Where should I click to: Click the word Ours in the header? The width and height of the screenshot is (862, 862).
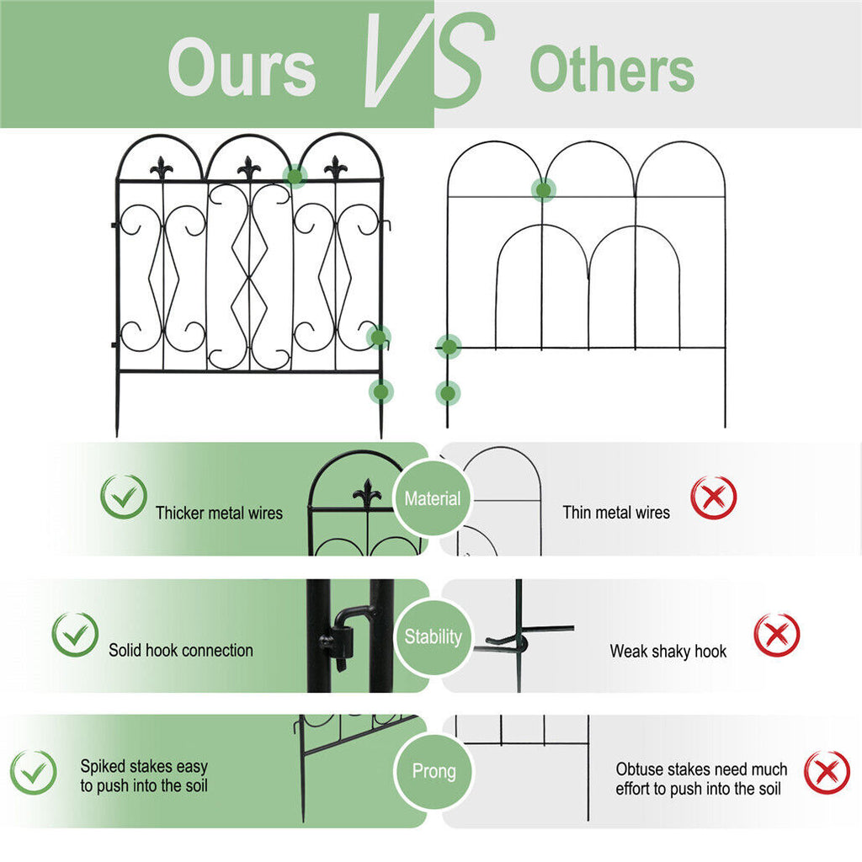pos(242,67)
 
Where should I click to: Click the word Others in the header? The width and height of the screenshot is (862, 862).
pos(612,70)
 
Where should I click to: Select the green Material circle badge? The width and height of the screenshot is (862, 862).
pos(432,498)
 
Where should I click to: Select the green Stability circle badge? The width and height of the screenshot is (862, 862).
pos(432,636)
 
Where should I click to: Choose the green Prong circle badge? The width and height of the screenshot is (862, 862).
pos(434,771)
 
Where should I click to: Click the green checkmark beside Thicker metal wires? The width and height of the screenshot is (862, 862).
pos(123,497)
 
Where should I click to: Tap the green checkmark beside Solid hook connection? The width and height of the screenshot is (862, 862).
pos(75,635)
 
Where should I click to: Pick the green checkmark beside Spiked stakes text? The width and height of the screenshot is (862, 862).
pos(34,772)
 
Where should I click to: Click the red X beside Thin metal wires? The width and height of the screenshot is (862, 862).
pos(713,498)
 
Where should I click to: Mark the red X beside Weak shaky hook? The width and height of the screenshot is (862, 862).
pos(776,635)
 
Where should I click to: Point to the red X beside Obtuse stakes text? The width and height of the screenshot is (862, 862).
pos(827,772)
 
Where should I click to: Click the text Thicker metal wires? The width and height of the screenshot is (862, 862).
pos(219,513)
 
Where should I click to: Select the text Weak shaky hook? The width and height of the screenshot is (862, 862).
pos(668,651)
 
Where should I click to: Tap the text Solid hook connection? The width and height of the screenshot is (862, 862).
pos(180,650)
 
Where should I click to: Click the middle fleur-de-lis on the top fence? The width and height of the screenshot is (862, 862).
pos(248,168)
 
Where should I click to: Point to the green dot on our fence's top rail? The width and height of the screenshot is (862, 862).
pos(295,176)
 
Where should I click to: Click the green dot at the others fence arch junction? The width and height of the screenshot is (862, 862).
pos(544,190)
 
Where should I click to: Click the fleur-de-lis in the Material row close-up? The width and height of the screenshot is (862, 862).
pos(366,493)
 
